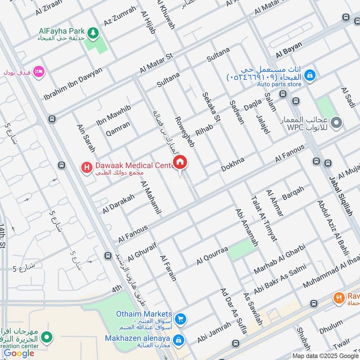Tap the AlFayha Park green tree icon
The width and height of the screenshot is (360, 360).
coord(93,32)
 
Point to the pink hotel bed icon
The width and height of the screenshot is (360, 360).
coord(39,72)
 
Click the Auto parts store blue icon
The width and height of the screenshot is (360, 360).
coord(310,77)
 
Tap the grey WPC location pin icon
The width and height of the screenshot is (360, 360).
coord(337,122)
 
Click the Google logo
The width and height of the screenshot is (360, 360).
coord(19,353)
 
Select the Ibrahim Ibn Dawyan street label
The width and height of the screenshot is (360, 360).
coord(73,84)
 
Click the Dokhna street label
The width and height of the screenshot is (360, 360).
coord(233,165)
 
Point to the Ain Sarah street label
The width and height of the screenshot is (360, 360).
coord(86,138)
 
